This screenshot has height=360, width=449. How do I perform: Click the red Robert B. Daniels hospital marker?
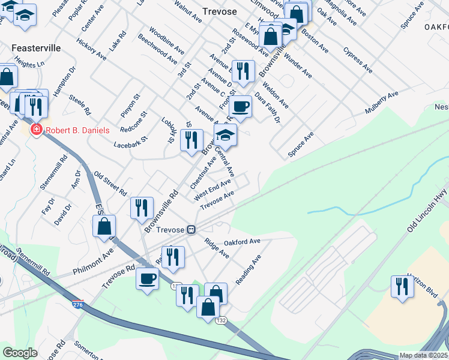(x=36, y=130)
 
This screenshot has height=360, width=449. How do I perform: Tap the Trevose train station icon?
(x=191, y=230)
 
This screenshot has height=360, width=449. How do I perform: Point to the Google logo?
(x=20, y=353)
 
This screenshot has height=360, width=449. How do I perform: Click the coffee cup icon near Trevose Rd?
(x=147, y=278)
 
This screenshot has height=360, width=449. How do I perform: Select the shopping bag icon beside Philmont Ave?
(x=104, y=226)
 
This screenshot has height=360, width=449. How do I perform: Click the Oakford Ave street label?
(x=242, y=241)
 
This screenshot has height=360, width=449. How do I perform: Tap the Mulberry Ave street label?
(x=382, y=103)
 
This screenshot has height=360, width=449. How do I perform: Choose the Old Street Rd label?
(x=110, y=183)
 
